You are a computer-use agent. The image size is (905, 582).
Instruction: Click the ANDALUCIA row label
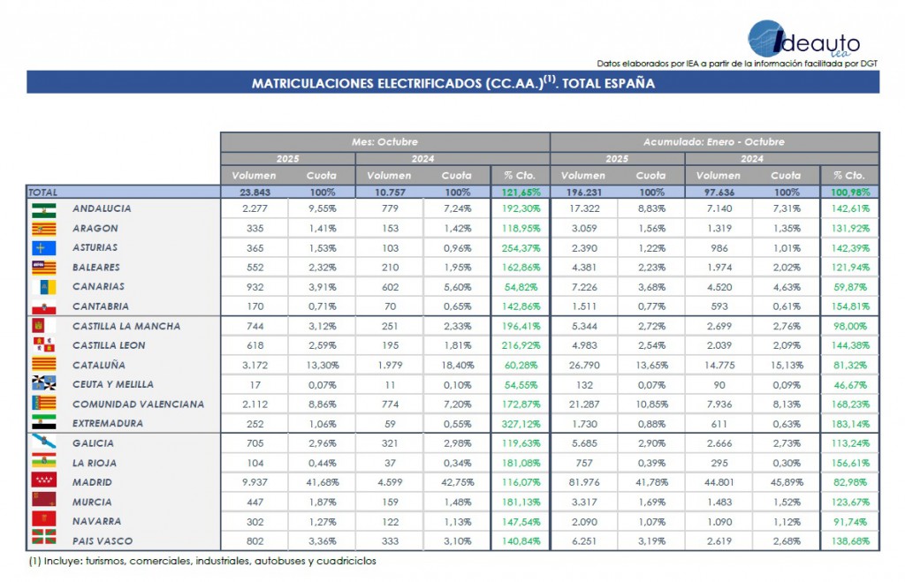click(102, 208)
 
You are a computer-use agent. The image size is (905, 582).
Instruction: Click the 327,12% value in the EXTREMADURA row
click(521, 423)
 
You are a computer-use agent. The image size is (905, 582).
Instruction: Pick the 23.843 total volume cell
click(254, 192)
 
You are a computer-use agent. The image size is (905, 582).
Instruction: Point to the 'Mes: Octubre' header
click(384, 141)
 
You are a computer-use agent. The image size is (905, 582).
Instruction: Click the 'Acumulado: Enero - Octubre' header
click(715, 141)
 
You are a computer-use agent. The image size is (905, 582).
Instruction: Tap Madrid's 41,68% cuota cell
click(321, 482)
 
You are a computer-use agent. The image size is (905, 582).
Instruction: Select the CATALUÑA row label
click(99, 365)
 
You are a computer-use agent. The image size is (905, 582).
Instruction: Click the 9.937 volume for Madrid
click(254, 482)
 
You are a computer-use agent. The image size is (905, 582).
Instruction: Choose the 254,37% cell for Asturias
click(521, 247)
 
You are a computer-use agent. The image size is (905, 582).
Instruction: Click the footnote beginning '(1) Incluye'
click(202, 561)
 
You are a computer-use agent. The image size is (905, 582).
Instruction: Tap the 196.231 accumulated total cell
click(583, 192)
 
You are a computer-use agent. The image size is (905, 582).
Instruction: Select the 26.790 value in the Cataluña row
click(583, 365)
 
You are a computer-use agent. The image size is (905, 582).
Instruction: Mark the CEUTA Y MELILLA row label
click(113, 384)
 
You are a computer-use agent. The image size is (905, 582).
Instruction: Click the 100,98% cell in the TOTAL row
click(850, 192)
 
